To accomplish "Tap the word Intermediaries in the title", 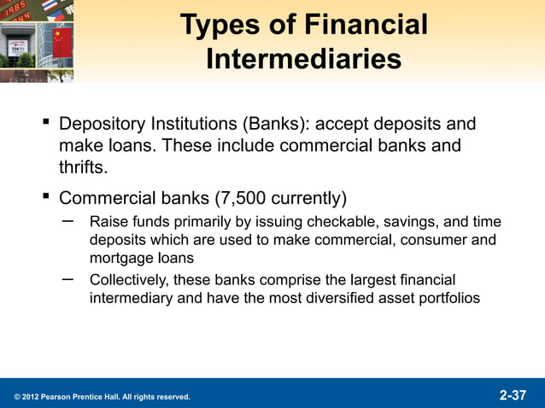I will pos(303,60).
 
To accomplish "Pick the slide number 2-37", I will pos(513,395).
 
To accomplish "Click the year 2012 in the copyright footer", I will pos(27,397).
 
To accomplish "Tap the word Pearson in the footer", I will pos(56,397).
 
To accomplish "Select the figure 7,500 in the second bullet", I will pos(243,199).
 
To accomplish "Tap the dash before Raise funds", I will pos(67,222).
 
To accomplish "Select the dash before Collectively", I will pos(67,279).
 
